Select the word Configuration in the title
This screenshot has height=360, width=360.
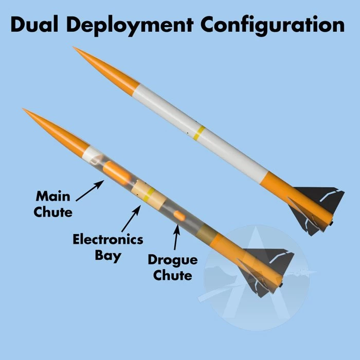pos(273,25)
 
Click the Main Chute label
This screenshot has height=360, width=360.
pos(52,203)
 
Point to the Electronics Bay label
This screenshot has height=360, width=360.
pos(107,247)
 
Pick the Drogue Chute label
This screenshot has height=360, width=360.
pos(172,267)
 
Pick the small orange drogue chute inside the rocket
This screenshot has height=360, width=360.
pos(178,215)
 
